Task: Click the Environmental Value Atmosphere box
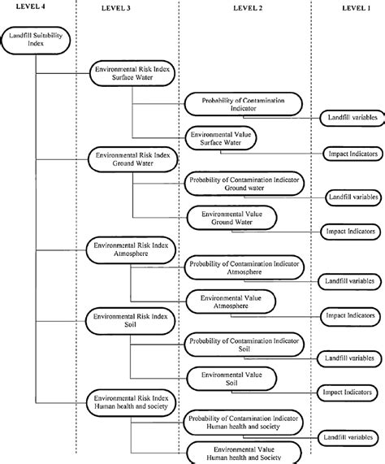pyautogui.click(x=231, y=301)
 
